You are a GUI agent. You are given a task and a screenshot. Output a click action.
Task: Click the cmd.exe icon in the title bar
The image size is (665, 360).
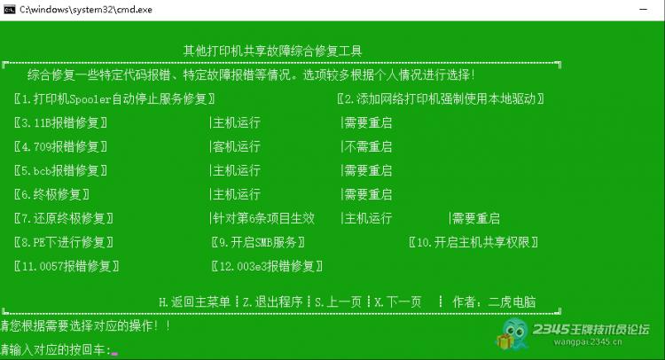point(10,10)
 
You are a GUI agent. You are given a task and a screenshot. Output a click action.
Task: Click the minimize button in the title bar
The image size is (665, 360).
point(644,10)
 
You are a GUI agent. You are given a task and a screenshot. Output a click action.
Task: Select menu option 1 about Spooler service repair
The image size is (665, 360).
point(114,98)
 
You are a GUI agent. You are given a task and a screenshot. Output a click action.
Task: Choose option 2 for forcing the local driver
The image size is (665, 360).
point(441,98)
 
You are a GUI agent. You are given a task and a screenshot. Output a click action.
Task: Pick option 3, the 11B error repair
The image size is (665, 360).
point(60,123)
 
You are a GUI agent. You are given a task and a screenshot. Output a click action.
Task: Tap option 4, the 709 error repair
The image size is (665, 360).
point(60,146)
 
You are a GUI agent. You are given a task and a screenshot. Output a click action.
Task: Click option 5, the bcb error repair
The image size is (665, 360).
point(60,170)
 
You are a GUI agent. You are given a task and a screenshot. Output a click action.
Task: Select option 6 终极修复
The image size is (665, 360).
point(51,194)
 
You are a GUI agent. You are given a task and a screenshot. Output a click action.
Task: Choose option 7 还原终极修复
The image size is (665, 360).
point(63,218)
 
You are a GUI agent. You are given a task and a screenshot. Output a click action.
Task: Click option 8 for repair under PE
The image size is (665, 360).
point(63,242)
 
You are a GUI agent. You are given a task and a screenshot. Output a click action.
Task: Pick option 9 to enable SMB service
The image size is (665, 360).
point(258,242)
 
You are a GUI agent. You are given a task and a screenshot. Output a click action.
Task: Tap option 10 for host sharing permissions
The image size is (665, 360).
point(473,242)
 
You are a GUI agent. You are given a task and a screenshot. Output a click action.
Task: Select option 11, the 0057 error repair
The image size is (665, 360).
point(66,266)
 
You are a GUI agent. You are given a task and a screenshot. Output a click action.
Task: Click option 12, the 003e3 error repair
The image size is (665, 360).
point(267,266)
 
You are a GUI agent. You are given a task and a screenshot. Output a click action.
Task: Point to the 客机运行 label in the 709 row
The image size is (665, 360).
point(236,146)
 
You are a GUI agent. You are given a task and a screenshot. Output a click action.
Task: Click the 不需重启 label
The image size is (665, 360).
point(368,146)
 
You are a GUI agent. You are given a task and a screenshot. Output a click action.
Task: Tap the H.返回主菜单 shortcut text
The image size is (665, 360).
point(194,301)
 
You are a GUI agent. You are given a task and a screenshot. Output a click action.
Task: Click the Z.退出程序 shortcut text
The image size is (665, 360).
point(273,301)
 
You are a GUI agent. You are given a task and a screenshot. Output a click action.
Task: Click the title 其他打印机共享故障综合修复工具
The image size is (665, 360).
point(272,51)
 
